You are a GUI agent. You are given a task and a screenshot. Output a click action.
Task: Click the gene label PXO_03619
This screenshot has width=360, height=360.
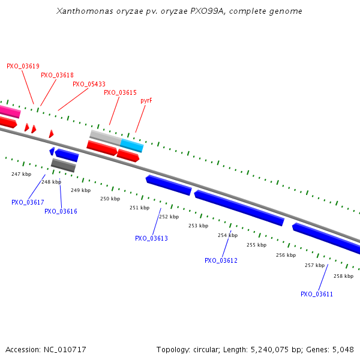23,66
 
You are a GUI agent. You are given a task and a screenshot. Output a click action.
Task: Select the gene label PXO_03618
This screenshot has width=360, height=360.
57,75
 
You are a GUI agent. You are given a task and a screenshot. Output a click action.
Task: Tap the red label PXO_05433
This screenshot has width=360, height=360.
89,84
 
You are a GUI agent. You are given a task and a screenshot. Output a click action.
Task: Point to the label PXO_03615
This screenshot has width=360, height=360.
120,92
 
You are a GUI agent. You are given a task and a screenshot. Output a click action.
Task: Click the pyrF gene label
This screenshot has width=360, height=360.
146,100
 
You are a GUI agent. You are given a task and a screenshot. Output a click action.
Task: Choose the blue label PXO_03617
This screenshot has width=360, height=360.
28,202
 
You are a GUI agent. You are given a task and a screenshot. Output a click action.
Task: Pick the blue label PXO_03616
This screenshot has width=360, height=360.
61,211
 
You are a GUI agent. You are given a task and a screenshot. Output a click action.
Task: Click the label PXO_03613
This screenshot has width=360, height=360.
151,238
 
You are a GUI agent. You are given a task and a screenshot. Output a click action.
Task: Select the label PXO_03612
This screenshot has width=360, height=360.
221,260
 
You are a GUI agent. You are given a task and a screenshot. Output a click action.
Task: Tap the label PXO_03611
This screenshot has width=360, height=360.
317,294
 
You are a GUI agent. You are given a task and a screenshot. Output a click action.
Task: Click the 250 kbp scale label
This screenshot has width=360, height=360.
110,199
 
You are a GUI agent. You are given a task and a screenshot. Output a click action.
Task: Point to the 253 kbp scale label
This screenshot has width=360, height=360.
198,226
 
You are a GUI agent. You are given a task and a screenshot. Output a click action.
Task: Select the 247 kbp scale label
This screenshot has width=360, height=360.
21,174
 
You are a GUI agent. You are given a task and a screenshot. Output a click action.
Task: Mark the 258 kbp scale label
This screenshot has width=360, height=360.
343,276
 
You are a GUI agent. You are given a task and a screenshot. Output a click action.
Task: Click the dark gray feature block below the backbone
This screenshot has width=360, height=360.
63,164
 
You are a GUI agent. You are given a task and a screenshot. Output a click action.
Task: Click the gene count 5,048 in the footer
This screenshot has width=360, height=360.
342,349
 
